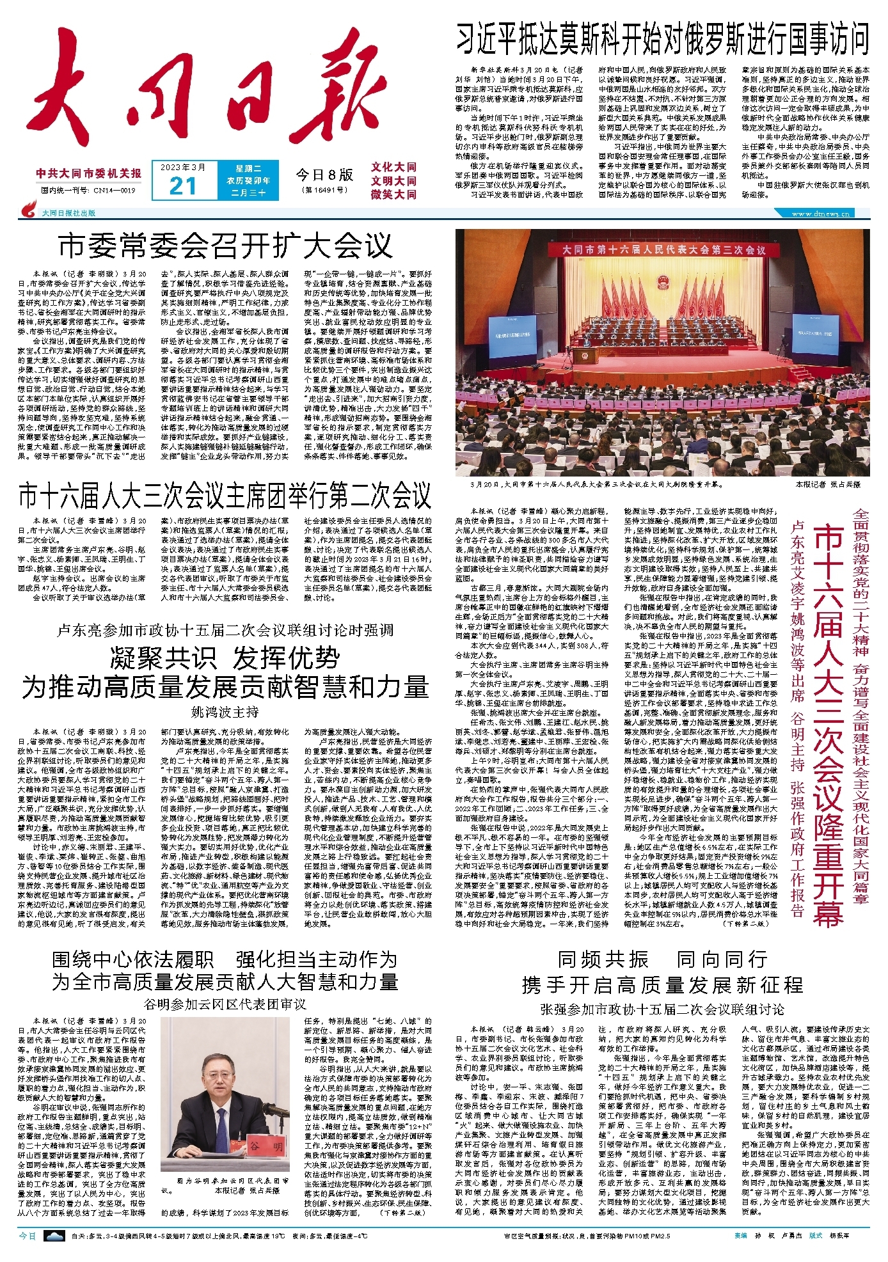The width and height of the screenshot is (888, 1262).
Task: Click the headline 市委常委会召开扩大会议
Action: coord(225,245)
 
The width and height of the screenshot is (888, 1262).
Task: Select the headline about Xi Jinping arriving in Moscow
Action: coord(662,39)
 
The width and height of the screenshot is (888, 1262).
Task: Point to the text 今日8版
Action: coord(324,175)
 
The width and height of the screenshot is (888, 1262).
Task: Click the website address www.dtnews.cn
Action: coord(821,214)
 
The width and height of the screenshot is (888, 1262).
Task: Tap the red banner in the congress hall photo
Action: coord(663,249)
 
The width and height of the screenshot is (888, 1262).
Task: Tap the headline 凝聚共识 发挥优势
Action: coord(225,658)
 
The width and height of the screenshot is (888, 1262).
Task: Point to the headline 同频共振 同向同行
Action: coord(662,959)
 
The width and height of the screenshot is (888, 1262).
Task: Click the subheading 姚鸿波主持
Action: coord(225,712)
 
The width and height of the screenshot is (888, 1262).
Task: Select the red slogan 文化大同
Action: coord(393,167)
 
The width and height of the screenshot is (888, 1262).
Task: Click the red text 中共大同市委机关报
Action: coord(89,173)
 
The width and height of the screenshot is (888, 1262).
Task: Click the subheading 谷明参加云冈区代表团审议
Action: coord(225,1004)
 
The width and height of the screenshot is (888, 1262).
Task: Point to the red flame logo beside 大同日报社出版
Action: coord(29,210)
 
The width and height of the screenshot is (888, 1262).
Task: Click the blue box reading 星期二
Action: coord(248,169)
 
